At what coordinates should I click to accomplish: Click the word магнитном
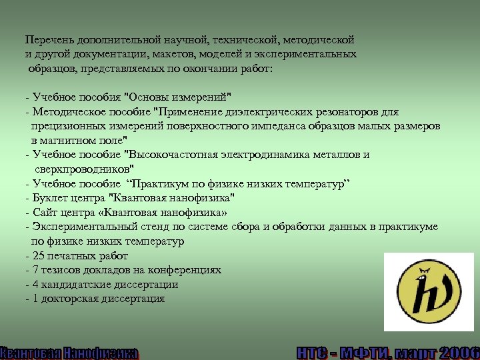click(71, 141)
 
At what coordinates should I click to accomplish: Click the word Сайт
click(45, 213)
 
